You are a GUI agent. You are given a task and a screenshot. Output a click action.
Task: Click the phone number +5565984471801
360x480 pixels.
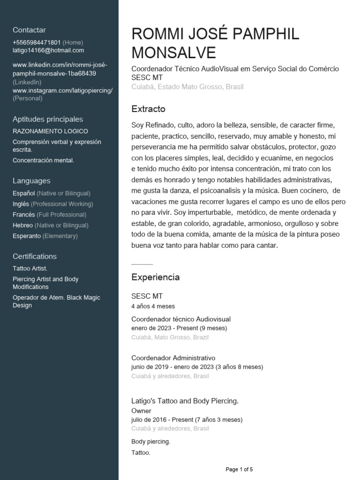point(37,42)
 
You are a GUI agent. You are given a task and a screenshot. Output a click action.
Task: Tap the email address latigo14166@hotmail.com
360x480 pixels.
point(48,51)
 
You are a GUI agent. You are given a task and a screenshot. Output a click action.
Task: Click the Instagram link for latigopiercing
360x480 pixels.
point(62,90)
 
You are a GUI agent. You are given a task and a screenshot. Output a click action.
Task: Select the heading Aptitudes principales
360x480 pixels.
point(48,119)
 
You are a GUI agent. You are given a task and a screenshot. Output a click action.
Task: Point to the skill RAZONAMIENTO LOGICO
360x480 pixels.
point(50,131)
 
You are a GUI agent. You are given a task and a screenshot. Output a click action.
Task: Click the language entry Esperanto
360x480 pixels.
point(27,236)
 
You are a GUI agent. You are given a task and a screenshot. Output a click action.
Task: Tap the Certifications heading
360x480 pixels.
point(35,256)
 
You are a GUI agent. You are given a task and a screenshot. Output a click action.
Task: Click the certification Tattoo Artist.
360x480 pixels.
point(30,268)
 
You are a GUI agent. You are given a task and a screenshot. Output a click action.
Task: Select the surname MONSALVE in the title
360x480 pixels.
point(174,52)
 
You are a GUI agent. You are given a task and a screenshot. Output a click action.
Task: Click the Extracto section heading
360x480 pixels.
point(149,109)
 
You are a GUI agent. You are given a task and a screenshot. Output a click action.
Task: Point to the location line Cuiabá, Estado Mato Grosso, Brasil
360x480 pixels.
point(187,87)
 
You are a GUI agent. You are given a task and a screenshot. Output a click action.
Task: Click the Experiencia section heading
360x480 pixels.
point(156,277)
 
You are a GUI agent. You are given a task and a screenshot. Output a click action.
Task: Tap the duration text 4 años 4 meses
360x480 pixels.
point(153,306)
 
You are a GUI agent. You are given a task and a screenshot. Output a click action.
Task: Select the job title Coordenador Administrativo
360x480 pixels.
point(173,358)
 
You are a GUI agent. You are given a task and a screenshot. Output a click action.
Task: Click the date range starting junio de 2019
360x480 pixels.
point(197,367)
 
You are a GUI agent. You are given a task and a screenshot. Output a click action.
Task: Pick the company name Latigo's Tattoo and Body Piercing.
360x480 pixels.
point(185,401)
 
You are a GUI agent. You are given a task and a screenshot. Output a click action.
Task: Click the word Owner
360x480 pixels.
point(141,411)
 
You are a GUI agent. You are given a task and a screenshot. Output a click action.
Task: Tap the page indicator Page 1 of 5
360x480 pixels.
point(240,469)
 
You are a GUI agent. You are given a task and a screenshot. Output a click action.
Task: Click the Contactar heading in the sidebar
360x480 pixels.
point(29,30)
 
